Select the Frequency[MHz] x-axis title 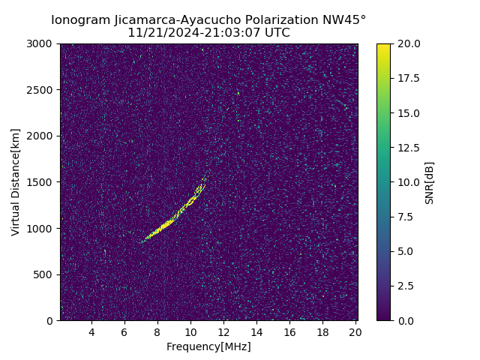coord(208,346)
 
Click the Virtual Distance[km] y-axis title coord(16,182)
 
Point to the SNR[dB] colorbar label coord(430,182)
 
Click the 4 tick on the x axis coord(91,331)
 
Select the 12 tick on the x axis coord(223,331)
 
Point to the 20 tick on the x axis coord(355,331)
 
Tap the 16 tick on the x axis coord(289,331)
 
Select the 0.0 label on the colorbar coord(405,320)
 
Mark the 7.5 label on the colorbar coord(405,217)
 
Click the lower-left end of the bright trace coord(140,241)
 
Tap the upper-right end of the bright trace coord(205,178)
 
